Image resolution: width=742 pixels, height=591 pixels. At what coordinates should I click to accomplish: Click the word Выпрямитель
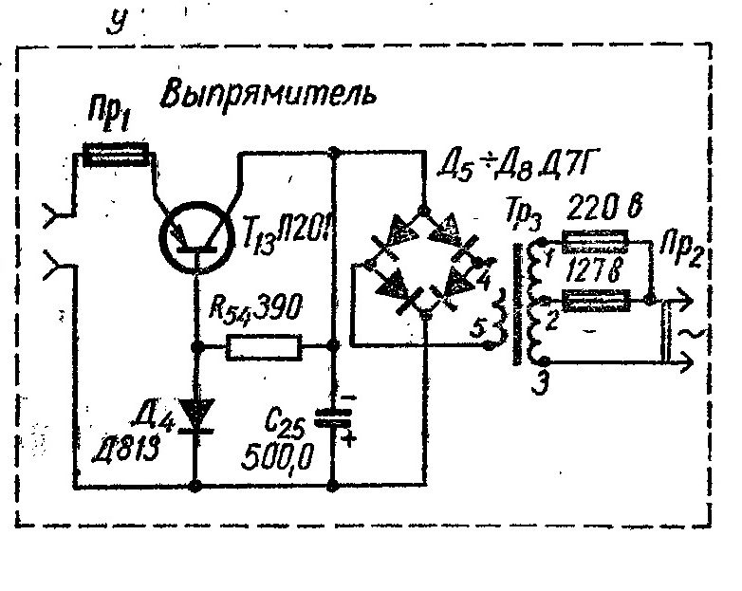269,94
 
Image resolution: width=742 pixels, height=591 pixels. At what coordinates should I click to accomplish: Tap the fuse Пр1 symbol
114,154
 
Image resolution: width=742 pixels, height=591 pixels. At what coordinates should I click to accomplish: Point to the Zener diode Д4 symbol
195,413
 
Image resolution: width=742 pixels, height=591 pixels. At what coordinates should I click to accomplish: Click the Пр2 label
676,256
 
